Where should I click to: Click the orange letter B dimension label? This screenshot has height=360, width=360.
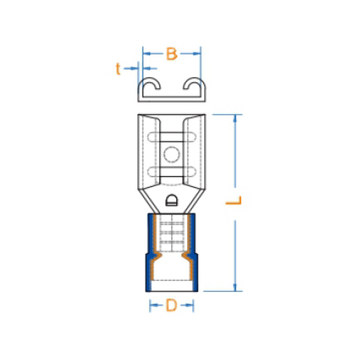pos(172,54)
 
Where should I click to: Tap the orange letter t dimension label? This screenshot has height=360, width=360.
pos(118,69)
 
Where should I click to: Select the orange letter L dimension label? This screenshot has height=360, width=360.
pos(234,200)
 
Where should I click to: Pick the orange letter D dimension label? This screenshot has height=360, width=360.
pos(172,305)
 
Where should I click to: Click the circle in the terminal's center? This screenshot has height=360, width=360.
pos(172,154)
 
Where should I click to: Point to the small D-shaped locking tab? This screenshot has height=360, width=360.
pos(172,200)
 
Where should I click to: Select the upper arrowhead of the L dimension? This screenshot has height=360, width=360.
pos(235,118)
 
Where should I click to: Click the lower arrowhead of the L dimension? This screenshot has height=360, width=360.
pos(235,287)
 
